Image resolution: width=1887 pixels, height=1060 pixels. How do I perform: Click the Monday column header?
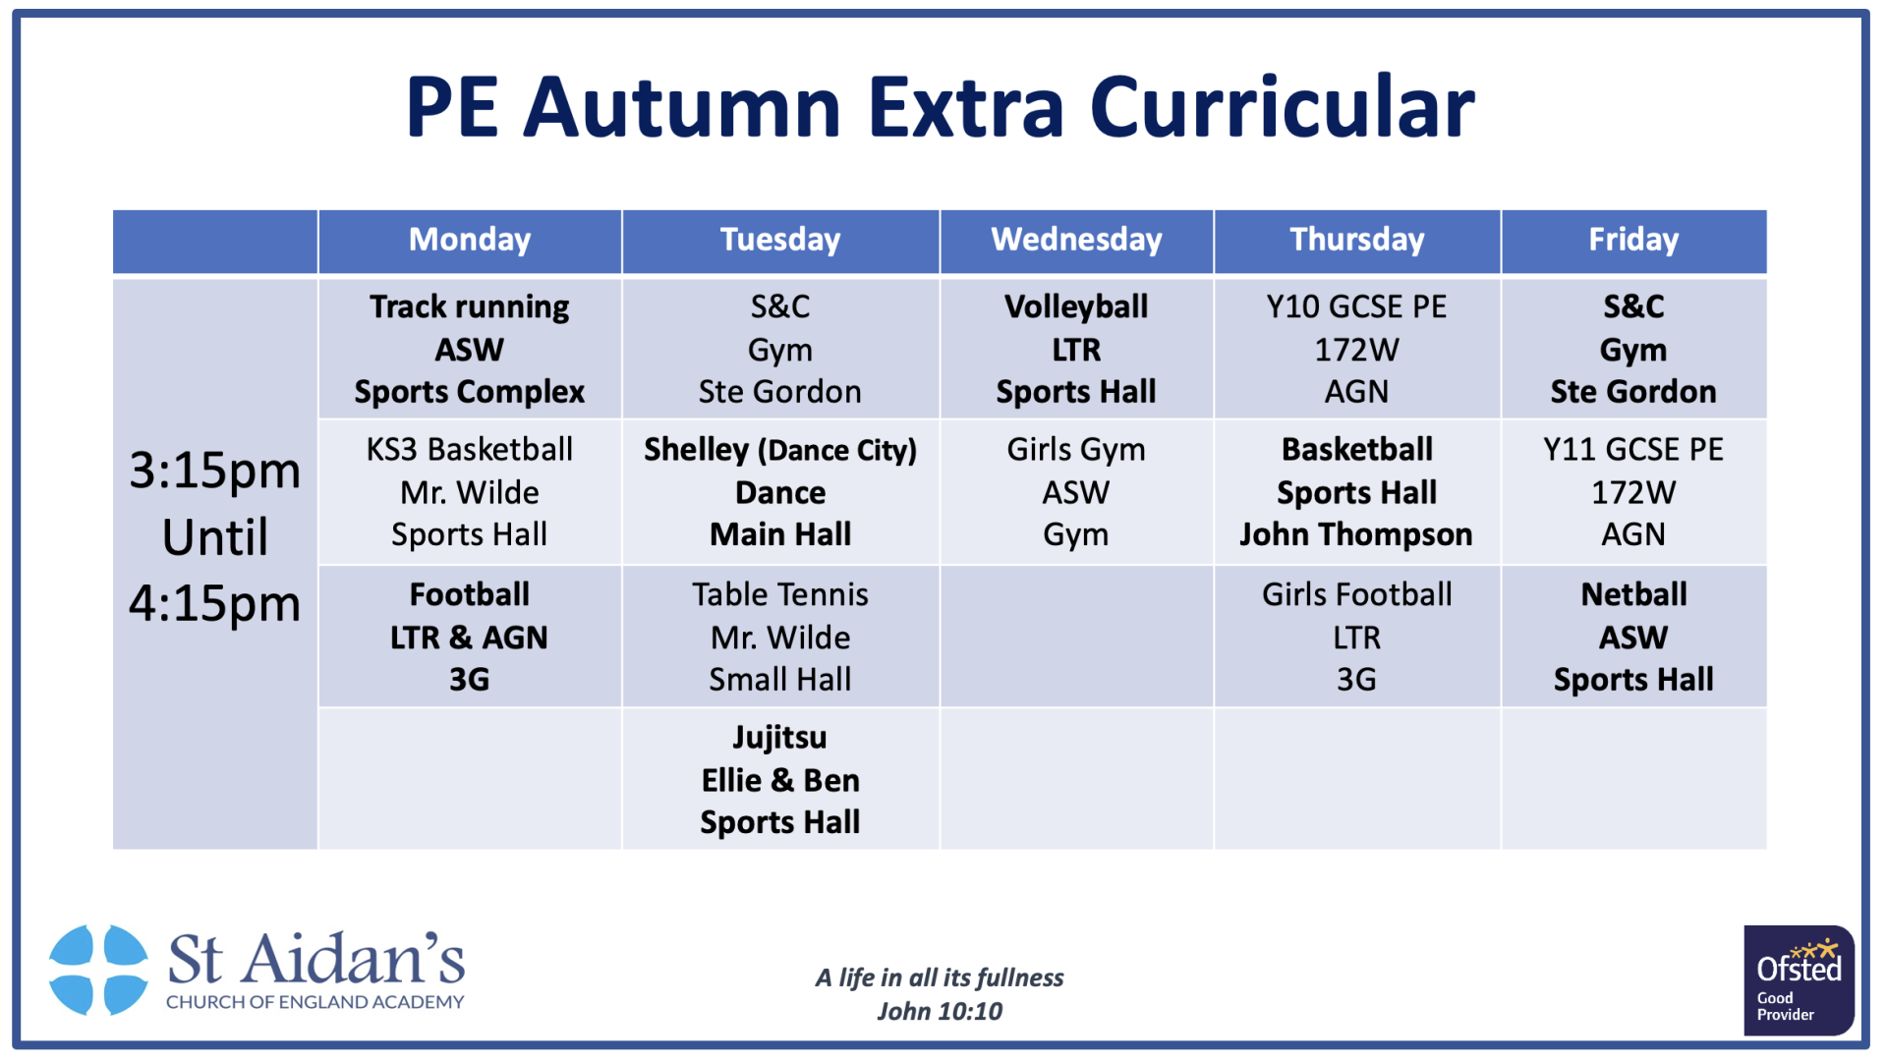[470, 240]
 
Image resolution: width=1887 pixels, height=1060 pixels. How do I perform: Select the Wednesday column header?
[1076, 240]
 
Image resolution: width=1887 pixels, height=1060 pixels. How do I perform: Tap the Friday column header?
[1633, 240]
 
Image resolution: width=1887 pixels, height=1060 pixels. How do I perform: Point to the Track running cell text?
[470, 307]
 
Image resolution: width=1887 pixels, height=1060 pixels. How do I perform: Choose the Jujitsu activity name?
[780, 738]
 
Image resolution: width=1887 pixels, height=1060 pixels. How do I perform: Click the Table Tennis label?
[780, 594]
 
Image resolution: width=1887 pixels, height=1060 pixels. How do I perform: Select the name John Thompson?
[1356, 534]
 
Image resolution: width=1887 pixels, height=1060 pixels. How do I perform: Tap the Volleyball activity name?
[1076, 307]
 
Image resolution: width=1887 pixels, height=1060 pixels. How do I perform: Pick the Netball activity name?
[1633, 594]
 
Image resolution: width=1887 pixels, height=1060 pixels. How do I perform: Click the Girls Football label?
[1356, 594]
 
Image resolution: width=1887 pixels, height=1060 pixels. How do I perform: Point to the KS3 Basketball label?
[470, 449]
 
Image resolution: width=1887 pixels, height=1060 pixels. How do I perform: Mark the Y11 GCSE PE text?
[1633, 449]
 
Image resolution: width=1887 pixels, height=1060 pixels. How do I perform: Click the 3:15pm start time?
[215, 472]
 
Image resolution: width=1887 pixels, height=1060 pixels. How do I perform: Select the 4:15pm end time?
[215, 604]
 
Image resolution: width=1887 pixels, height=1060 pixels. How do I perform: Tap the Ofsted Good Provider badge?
[1799, 980]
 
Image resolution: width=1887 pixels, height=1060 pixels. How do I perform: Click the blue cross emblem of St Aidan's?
[99, 970]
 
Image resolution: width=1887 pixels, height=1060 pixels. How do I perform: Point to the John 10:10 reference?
[940, 1011]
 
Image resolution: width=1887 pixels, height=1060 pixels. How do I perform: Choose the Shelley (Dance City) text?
[780, 450]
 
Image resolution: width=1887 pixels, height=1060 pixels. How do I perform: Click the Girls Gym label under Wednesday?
[1076, 450]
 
